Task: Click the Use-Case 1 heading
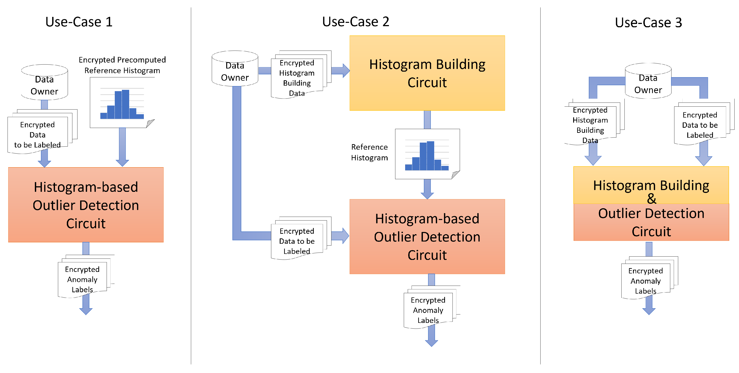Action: point(79,22)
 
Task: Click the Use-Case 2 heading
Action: point(355,22)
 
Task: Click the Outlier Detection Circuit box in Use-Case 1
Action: point(86,205)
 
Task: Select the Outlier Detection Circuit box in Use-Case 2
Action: point(427,237)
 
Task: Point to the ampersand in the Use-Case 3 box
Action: point(651,198)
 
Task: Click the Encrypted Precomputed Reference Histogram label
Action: point(122,65)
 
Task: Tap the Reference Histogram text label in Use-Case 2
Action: point(369,152)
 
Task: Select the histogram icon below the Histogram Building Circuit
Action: point(427,154)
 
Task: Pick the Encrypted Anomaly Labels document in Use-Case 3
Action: point(646,281)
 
